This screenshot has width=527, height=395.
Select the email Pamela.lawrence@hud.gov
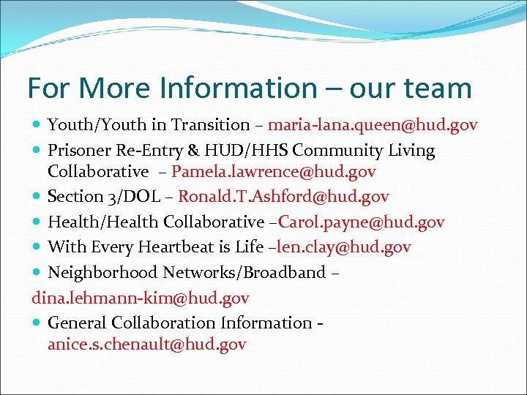click(x=274, y=172)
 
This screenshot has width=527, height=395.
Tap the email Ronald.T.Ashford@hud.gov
click(x=283, y=197)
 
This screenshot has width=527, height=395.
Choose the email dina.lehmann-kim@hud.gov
click(x=141, y=298)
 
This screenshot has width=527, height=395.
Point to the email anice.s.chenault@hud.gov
click(x=147, y=344)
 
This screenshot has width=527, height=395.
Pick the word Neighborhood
click(x=102, y=273)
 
